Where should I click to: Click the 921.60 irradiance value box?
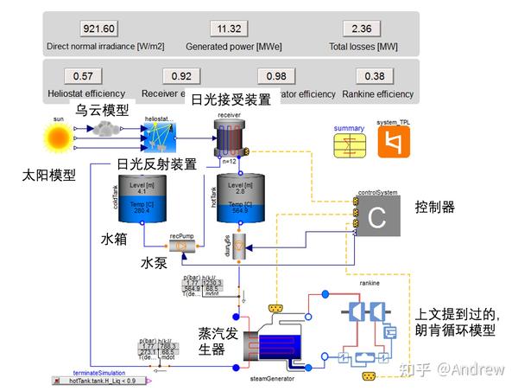coord(98,28)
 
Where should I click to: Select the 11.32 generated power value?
coord(230,28)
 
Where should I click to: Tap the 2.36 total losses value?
coord(362,28)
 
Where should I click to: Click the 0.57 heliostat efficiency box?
coord(84,75)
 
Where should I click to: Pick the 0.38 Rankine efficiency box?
coord(375,75)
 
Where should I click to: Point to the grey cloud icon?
coord(107,129)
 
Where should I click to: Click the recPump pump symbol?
coord(182,246)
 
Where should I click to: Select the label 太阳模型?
coord(49,175)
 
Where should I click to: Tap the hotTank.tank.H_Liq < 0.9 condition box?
coord(102,381)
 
